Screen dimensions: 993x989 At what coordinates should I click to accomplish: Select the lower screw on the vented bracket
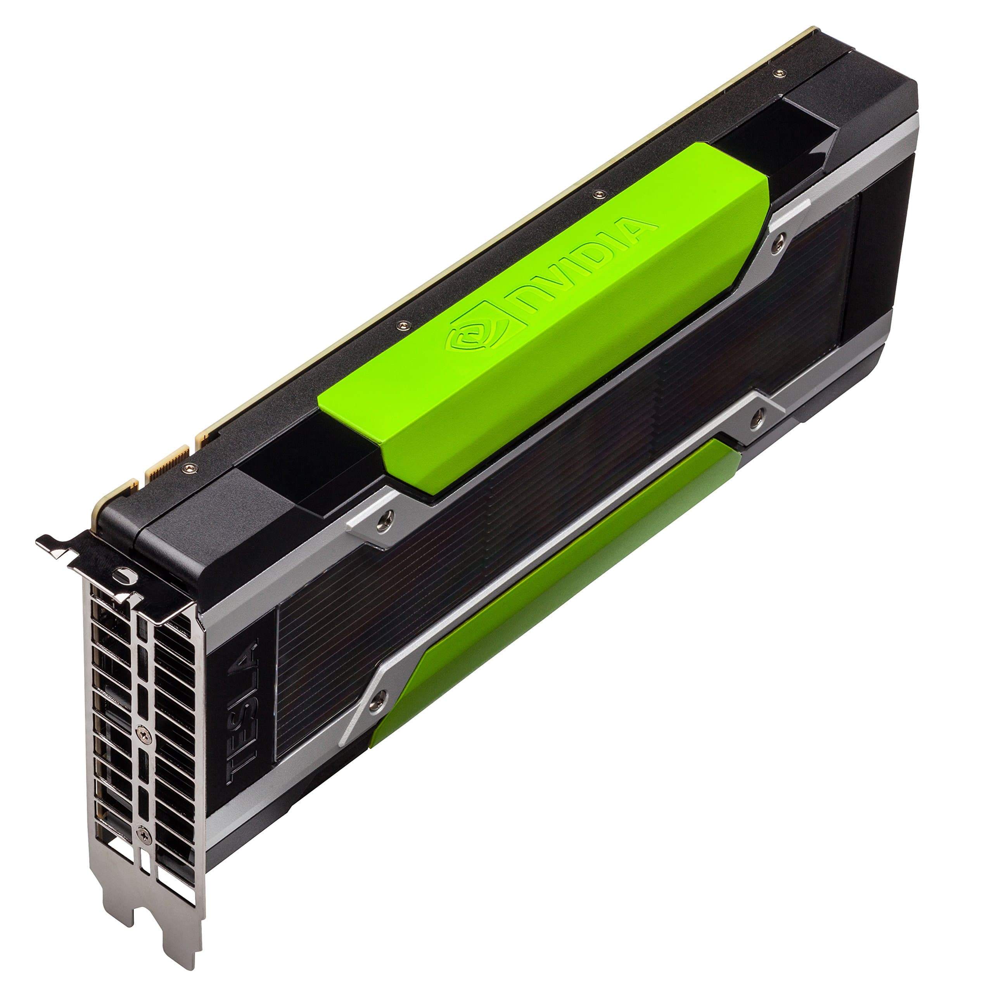click(144, 835)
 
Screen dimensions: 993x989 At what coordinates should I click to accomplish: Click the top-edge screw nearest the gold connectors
click(190, 468)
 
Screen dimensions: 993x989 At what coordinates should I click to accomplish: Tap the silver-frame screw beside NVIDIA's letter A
click(778, 242)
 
